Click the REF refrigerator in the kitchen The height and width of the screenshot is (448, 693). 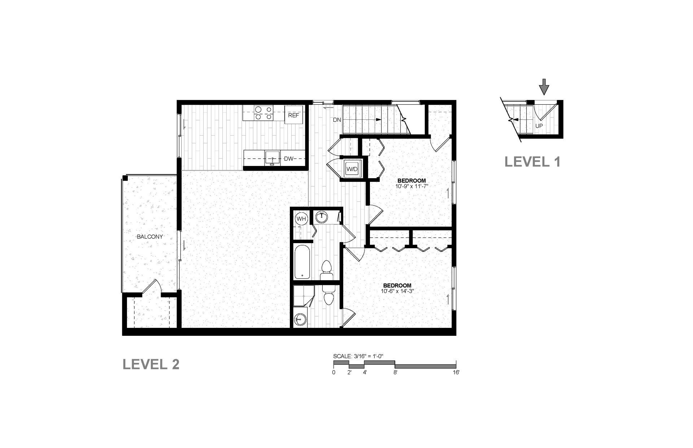[293, 115]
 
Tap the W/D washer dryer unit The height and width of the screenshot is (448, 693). [351, 168]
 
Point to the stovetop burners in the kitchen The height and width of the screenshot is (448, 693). [263, 113]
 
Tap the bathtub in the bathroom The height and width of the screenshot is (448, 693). [302, 262]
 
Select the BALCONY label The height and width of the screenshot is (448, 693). [150, 237]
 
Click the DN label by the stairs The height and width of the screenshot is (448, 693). [337, 120]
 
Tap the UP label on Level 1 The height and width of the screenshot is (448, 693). [539, 126]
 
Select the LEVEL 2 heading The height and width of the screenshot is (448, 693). [151, 364]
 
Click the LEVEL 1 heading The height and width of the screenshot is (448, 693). [532, 161]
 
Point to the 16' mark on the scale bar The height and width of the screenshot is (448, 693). [456, 372]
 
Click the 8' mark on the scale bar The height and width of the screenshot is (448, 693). [396, 372]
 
